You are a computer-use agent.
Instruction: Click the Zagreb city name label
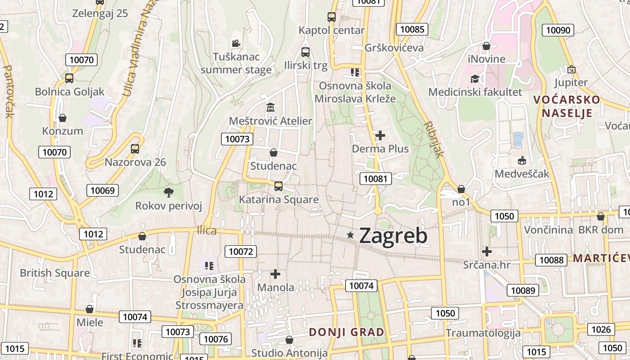(393, 236)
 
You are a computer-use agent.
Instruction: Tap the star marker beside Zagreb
(351, 235)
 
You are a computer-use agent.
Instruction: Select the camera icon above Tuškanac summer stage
(236, 43)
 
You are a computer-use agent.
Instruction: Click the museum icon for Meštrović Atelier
(270, 108)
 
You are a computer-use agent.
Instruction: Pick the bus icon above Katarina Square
(279, 186)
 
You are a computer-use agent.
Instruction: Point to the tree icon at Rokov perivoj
(169, 193)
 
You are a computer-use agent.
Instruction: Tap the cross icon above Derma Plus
(380, 135)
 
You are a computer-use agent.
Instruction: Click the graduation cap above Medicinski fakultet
(475, 79)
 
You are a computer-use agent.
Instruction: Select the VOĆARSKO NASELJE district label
(567, 106)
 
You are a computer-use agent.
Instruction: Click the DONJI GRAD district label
(346, 332)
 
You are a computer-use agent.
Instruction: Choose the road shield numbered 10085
(412, 30)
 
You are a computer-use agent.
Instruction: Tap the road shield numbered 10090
(558, 30)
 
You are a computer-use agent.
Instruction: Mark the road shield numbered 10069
(103, 190)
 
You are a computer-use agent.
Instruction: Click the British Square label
(55, 273)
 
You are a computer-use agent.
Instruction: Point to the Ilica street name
(207, 230)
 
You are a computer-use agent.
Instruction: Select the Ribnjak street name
(434, 139)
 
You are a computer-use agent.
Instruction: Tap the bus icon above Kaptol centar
(332, 17)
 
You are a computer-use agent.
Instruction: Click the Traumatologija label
(483, 333)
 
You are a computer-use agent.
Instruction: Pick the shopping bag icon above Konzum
(63, 118)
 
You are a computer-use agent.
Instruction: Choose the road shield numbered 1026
(601, 329)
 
